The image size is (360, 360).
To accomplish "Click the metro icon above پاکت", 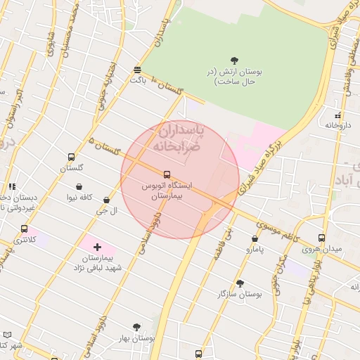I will coord(137,70).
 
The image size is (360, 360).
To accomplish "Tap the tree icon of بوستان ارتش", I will coord(234,60).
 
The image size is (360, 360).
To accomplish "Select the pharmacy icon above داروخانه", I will coord(337,115).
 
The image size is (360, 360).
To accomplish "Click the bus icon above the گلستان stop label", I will coord(71,157).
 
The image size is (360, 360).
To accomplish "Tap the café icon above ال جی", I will coord(106,200).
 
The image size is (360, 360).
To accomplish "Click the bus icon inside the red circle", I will coord(167,174).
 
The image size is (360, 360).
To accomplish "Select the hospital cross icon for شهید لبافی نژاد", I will coord(97,247).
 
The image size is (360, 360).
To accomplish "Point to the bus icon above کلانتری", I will coord(25,229).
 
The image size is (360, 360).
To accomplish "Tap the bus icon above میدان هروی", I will coord(321,238).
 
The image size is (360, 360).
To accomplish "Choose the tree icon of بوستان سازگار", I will coord(240,283).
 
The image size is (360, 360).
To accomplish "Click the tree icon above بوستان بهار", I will coord(136,327).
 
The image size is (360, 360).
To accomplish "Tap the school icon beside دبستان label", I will coord(12,186).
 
